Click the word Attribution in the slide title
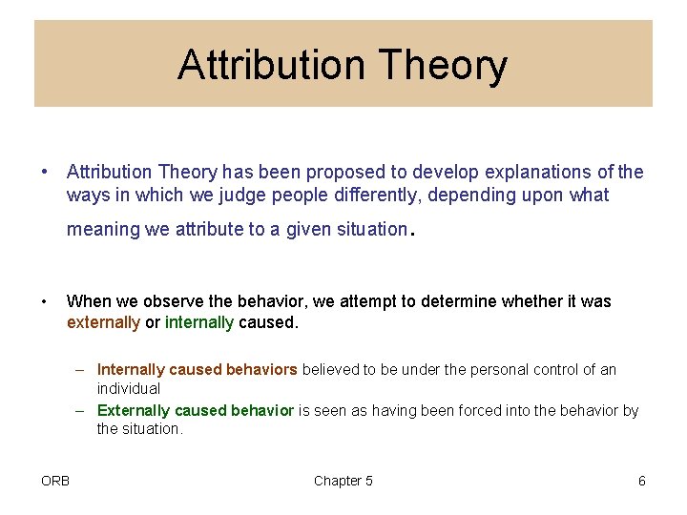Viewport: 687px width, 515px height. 270,66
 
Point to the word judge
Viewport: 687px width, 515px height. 239,196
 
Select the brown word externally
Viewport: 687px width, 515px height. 103,322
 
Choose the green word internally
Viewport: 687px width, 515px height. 199,322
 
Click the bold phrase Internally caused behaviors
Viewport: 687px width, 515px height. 198,369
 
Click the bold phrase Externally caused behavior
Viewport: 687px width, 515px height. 196,410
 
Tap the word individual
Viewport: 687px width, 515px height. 129,389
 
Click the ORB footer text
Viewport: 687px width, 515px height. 55,481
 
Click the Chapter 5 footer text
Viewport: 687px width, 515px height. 343,481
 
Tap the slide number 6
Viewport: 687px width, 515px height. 641,481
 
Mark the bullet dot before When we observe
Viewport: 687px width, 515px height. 44,301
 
